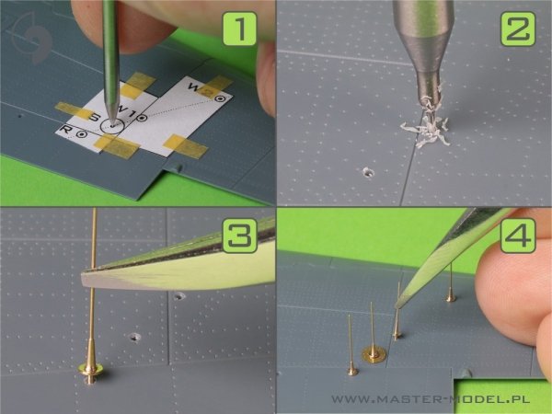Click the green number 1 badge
239,29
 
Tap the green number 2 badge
518,29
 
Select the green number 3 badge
240,236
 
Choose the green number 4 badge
518,236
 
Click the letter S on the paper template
94,117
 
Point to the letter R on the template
66,129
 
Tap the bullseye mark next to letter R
82,134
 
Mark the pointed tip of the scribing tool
112,124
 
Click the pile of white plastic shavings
427,130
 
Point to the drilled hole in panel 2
368,172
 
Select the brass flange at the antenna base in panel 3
90,369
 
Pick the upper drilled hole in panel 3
179,295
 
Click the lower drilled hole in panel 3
135,338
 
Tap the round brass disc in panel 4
374,354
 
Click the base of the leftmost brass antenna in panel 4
352,371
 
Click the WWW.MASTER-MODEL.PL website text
431,399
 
